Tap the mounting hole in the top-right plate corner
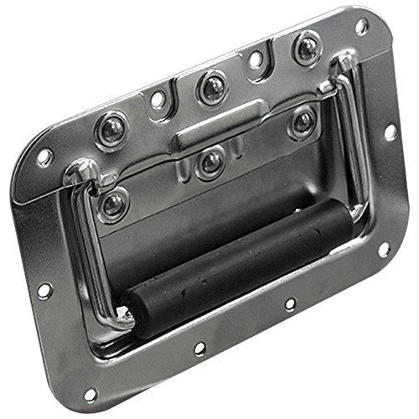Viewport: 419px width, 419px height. [361, 26]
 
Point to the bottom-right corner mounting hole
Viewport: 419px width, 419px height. [384, 249]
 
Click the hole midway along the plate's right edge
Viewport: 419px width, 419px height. [390, 132]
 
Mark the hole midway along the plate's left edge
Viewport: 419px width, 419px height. [44, 291]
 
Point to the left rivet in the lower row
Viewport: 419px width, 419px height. [112, 204]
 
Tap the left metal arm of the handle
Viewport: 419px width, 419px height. [84, 243]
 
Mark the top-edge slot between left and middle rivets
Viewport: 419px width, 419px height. [158, 100]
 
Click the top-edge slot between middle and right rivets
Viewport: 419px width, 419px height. [255, 60]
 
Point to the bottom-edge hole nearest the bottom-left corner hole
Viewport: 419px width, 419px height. [199, 348]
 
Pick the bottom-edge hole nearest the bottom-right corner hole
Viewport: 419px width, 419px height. [288, 304]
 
